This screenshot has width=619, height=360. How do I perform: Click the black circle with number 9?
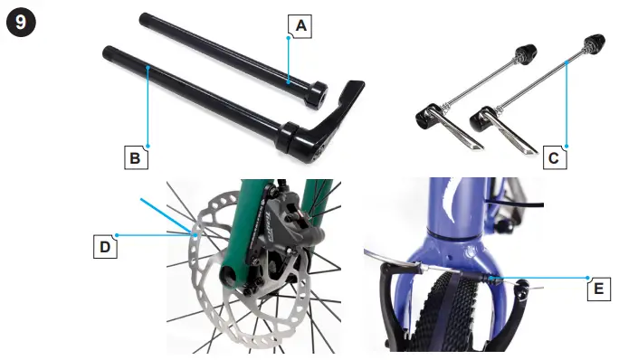[x=22, y=22]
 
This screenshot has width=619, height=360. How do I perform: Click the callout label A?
[x=300, y=26]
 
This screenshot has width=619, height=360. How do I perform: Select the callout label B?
[x=136, y=157]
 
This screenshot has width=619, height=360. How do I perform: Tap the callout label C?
[x=555, y=157]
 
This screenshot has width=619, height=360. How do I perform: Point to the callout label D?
[x=105, y=247]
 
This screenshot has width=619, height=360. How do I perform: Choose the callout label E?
[x=599, y=289]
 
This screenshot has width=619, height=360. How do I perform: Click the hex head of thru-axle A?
[x=316, y=95]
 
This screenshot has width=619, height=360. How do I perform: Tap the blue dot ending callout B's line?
[x=148, y=147]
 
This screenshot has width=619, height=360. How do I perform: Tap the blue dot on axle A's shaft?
[x=289, y=82]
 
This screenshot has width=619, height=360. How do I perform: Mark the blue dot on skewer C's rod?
[x=567, y=62]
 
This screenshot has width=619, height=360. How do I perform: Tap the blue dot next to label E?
[x=588, y=278]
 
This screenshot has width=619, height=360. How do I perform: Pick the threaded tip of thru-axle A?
[x=144, y=18]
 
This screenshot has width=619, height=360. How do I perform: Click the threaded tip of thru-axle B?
[x=108, y=52]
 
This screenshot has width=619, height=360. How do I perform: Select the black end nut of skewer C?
[x=595, y=41]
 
